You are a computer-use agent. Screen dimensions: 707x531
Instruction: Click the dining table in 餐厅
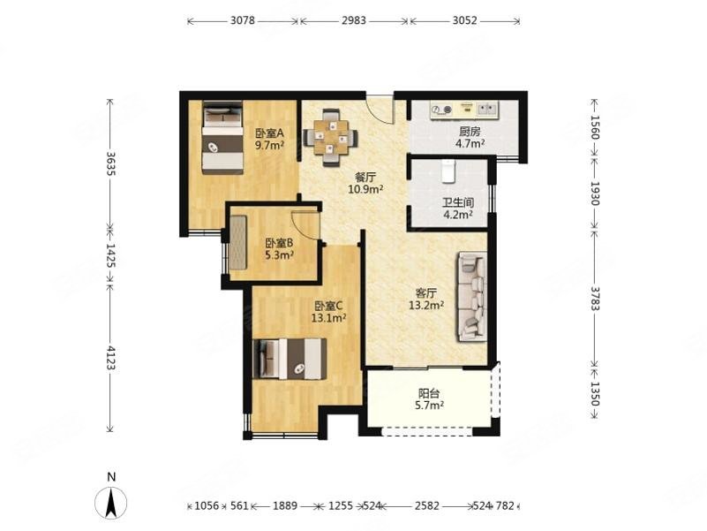pos(331,138)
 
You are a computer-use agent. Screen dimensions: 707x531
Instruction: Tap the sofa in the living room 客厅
pos(472,296)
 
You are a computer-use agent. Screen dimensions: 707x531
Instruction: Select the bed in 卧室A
pos(222,137)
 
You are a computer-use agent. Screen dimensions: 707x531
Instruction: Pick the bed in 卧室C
pos(290,359)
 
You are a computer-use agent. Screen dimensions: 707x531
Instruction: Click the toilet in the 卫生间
pos(448,171)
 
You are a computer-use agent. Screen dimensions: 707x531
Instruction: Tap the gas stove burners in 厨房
pos(441,110)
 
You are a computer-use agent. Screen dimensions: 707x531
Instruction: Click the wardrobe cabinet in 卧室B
pos(238,242)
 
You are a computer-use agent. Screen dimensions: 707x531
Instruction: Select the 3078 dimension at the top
pos(243,20)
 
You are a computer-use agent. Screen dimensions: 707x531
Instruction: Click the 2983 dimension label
pos(354,20)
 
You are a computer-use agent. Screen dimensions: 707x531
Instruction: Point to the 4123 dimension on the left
pos(110,358)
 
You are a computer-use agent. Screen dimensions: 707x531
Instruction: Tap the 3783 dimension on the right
pos(595,298)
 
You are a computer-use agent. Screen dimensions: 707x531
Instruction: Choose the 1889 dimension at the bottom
pos(285,505)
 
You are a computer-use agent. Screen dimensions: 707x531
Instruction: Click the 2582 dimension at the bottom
pos(427,505)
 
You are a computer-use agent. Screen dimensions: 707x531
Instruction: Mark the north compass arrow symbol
pos(110,502)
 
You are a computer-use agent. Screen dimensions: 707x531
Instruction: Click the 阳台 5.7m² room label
pos(429,399)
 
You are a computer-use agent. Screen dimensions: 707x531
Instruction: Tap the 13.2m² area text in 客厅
pos(426,306)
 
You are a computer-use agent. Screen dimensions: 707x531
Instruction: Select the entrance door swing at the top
pos(380,109)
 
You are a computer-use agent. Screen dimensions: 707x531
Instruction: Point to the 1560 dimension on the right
pos(595,128)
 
